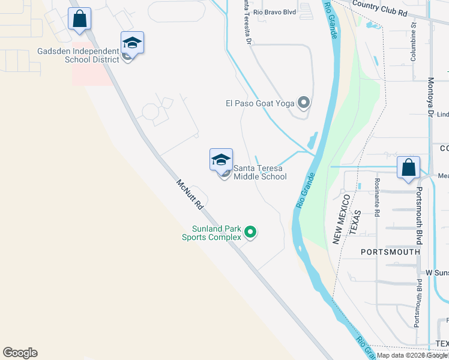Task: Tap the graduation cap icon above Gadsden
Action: (132, 43)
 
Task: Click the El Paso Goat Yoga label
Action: (260, 103)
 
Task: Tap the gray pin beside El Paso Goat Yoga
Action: (304, 103)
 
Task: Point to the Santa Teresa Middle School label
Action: (260, 172)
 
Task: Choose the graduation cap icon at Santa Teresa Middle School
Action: (221, 160)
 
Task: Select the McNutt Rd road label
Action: (190, 194)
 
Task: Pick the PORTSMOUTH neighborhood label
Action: (390, 252)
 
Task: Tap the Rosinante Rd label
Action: (377, 197)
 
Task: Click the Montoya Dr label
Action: (430, 97)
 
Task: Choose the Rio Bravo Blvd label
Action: (275, 11)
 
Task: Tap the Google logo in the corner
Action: (20, 353)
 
